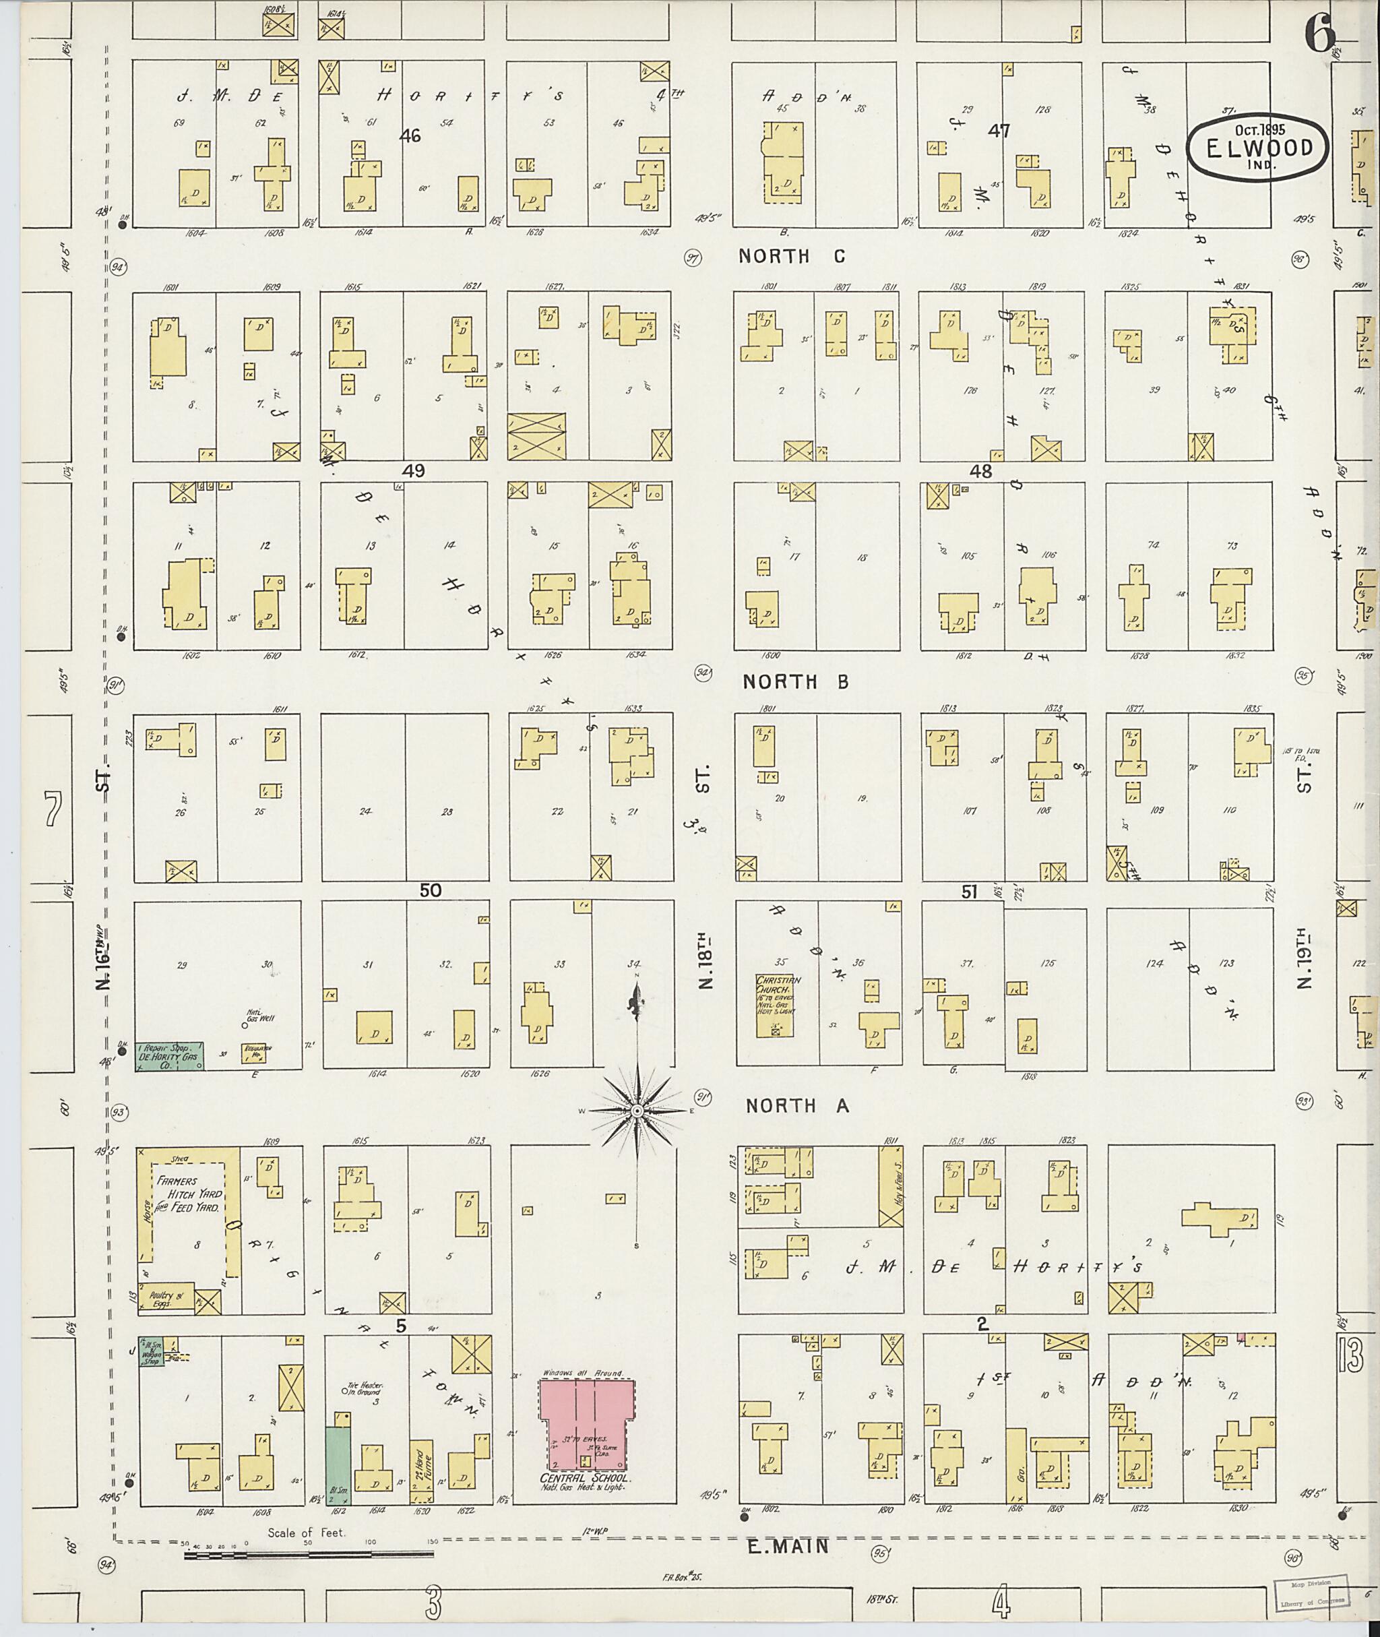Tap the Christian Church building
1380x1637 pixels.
773,1006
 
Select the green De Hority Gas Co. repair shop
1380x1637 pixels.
170,1055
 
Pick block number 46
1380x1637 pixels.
410,136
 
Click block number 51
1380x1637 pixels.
969,890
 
